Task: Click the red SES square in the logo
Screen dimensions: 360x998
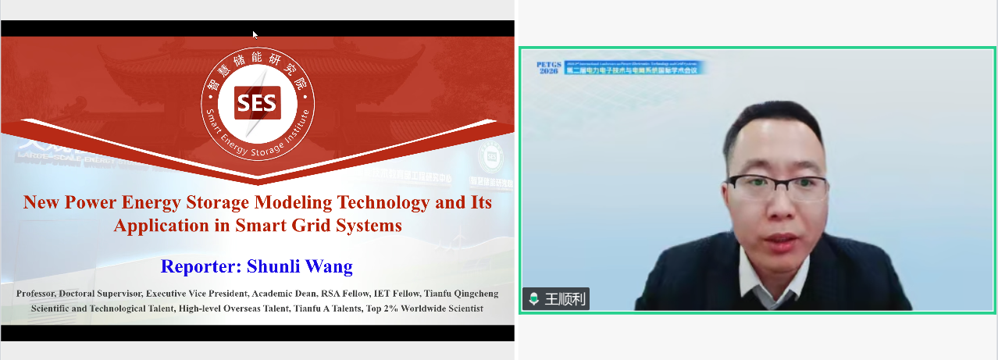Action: tap(258, 102)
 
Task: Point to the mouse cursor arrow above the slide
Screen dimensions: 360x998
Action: tap(255, 34)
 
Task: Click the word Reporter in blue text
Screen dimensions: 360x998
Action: tap(201, 266)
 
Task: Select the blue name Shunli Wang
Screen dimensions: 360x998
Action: tap(300, 266)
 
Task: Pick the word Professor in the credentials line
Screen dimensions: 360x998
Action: tap(40, 294)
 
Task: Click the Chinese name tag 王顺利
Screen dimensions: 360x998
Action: tap(564, 299)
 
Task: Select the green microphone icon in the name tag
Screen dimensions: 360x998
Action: tap(534, 299)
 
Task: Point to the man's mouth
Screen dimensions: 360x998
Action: tap(781, 240)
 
